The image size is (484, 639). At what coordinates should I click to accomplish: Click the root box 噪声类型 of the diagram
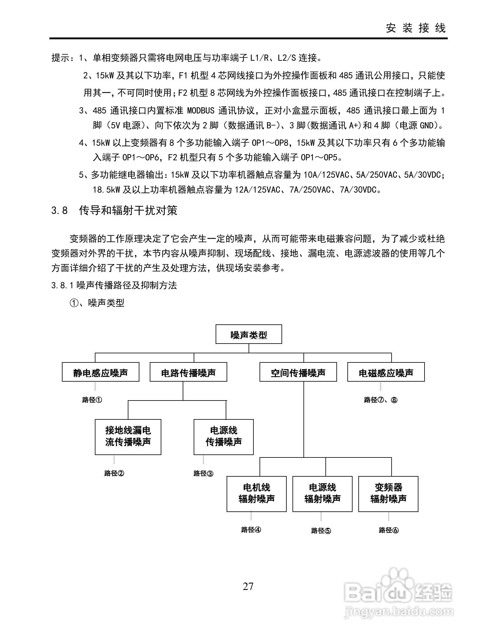(x=249, y=334)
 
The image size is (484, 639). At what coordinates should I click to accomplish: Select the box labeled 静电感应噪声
(x=100, y=372)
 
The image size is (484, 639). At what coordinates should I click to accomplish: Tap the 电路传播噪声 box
(x=188, y=372)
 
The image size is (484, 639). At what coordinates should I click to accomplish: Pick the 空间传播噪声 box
(x=298, y=372)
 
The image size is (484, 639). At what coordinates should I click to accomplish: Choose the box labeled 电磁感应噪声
(x=386, y=372)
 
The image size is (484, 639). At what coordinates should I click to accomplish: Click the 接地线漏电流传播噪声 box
(x=128, y=437)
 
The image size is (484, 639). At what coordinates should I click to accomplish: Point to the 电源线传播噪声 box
(x=224, y=437)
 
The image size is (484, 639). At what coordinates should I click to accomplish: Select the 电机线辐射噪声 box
(x=256, y=494)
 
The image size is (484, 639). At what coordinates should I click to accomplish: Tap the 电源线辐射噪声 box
(x=322, y=494)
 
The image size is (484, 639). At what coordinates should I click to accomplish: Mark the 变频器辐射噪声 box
(x=388, y=494)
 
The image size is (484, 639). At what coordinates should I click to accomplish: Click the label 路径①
(x=92, y=400)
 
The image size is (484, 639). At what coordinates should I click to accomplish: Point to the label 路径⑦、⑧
(x=381, y=400)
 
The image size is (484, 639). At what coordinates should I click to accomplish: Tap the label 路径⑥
(x=389, y=530)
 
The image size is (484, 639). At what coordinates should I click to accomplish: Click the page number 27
(x=248, y=586)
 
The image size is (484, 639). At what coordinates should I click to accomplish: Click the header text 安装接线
(x=416, y=28)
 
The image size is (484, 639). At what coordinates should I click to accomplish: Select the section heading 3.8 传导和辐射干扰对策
(x=114, y=210)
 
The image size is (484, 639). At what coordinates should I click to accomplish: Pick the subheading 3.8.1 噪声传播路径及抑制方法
(x=114, y=285)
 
